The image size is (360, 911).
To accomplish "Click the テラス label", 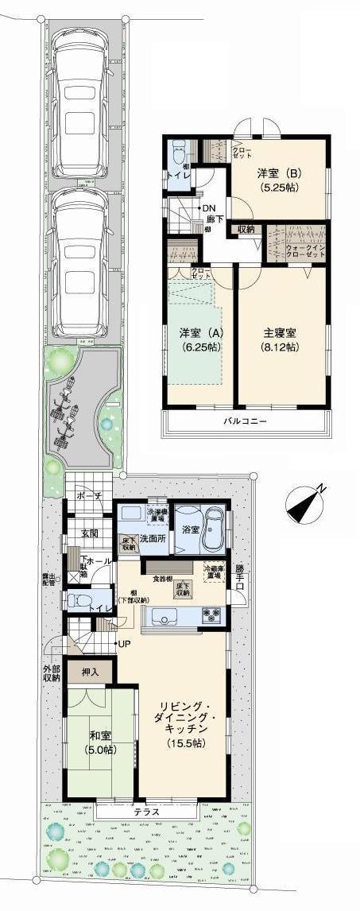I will pos(146,812).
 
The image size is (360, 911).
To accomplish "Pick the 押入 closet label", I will pos(90,673).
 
